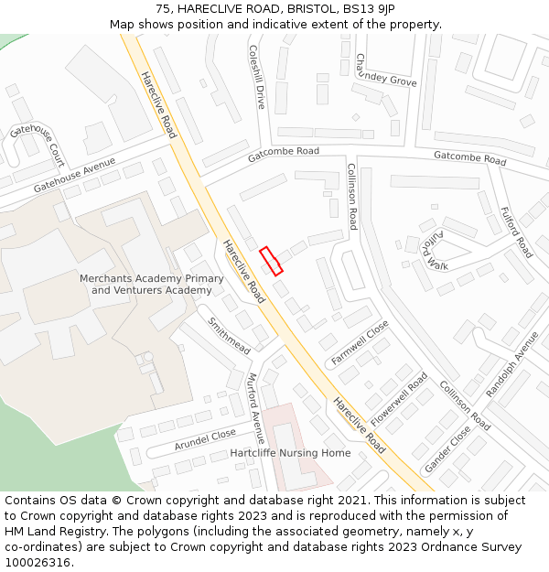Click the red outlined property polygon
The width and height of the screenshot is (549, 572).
271,261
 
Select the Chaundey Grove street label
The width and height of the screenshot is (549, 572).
385,70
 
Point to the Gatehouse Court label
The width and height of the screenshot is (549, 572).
38,143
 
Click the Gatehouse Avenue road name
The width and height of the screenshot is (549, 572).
75,175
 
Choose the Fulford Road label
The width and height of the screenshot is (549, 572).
516,232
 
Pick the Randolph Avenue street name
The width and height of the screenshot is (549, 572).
512,363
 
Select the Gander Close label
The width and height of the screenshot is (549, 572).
447,449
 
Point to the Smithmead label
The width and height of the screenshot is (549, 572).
229,337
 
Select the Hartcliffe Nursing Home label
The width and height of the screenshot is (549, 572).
290,453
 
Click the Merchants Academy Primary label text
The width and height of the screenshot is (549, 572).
151,278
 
